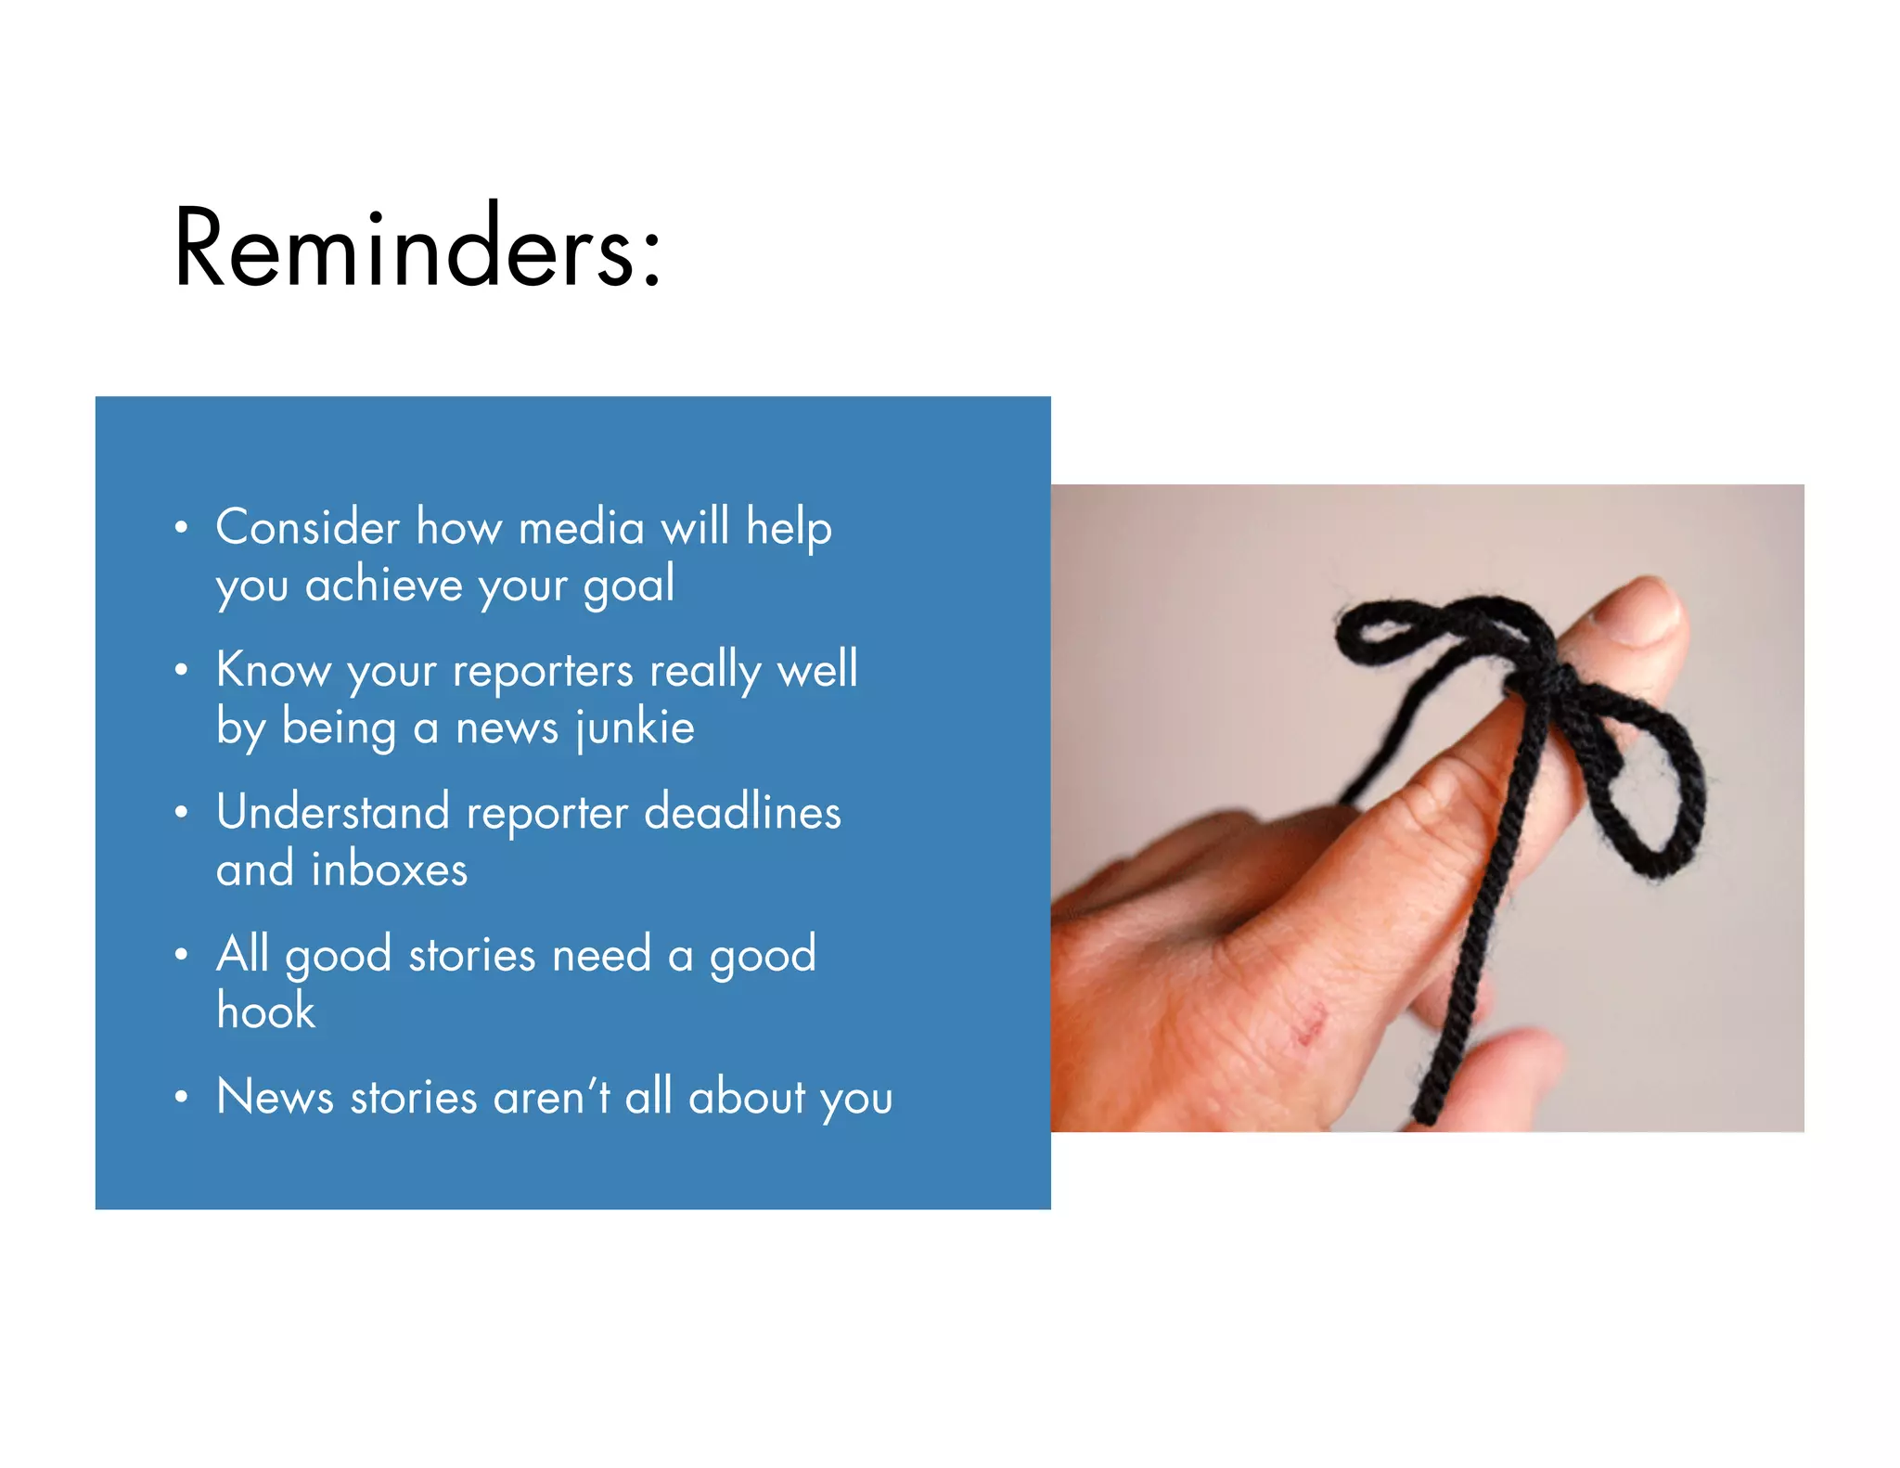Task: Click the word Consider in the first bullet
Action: click(x=307, y=527)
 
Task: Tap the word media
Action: click(x=581, y=528)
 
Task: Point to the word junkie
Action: click(x=635, y=728)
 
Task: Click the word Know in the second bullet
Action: click(x=273, y=669)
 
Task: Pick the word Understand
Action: click(x=332, y=811)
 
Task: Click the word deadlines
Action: click(x=742, y=811)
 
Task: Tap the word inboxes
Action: click(x=389, y=869)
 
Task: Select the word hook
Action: click(x=265, y=1011)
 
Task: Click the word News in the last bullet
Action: click(x=274, y=1096)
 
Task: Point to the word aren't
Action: click(x=551, y=1096)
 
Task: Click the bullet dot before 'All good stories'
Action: click(x=181, y=955)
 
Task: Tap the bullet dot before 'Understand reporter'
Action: click(x=181, y=812)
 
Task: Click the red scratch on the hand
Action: click(x=1309, y=1025)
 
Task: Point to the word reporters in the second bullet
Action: click(x=543, y=670)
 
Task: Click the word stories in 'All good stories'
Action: click(x=471, y=955)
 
